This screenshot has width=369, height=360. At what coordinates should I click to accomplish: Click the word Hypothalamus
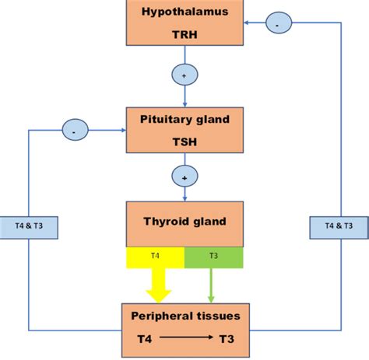[184, 12]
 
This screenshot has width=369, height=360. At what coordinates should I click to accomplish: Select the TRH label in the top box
[184, 35]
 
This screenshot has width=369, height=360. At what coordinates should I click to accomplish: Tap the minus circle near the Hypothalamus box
[278, 23]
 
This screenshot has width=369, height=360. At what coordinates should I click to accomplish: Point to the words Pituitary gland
[184, 121]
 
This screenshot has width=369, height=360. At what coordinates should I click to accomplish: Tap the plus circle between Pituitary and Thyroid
[184, 178]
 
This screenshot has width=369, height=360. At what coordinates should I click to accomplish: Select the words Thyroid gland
[184, 221]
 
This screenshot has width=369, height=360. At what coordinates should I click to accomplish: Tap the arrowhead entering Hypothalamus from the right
[247, 23]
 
